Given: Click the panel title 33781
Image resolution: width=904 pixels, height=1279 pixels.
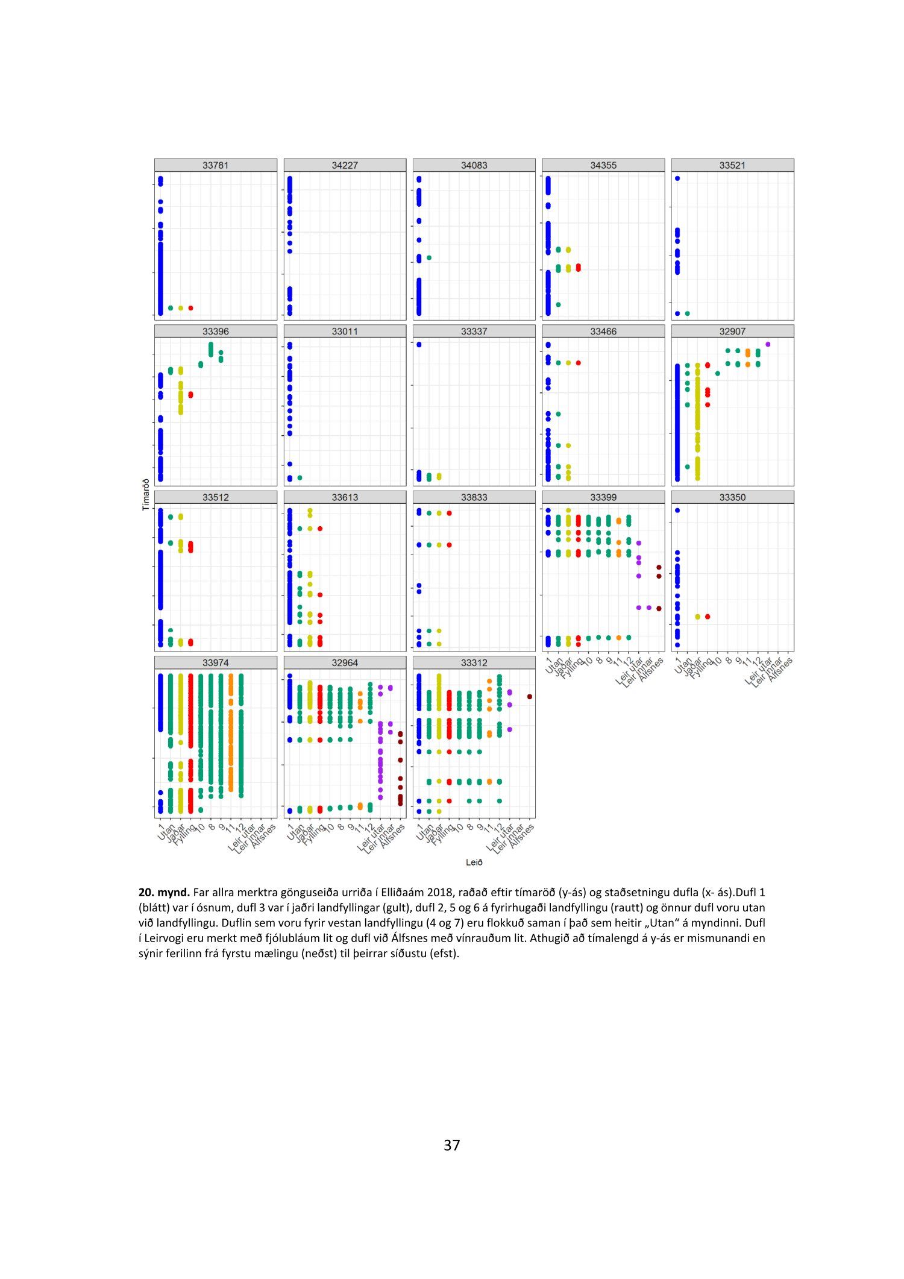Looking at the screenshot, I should pos(215,165).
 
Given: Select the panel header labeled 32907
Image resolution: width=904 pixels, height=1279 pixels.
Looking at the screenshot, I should pos(732,331).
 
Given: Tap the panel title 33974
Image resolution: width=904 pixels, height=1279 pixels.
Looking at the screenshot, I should pos(215,662).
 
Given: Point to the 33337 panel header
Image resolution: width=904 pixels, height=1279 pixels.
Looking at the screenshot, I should pos(474,331).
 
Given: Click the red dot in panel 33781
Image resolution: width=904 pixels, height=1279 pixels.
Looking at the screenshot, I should pos(190,308).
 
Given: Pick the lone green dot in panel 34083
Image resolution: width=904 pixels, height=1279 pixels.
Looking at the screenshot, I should pos(429,257).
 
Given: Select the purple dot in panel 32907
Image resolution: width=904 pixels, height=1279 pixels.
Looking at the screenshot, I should pos(768,344).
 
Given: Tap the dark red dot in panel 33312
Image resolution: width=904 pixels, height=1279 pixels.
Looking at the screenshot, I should pos(529,697).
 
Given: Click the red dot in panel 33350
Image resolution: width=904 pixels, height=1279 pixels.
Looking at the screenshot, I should pos(708,617).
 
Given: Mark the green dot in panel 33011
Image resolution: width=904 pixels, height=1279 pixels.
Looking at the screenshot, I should pos(300,477).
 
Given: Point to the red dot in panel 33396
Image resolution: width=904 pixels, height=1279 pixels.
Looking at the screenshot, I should pos(190,395).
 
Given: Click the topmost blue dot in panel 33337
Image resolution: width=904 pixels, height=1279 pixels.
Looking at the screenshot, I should pos(419,345).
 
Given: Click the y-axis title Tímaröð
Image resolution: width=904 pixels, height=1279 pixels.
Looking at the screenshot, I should pos(145,495).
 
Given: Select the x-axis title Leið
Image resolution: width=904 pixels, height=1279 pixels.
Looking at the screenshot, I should pos(474,863).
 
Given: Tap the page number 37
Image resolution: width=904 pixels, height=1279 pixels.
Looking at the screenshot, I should pos(452,1145).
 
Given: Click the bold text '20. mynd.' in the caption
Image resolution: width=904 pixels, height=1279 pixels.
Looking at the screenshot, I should pos(164,893).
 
